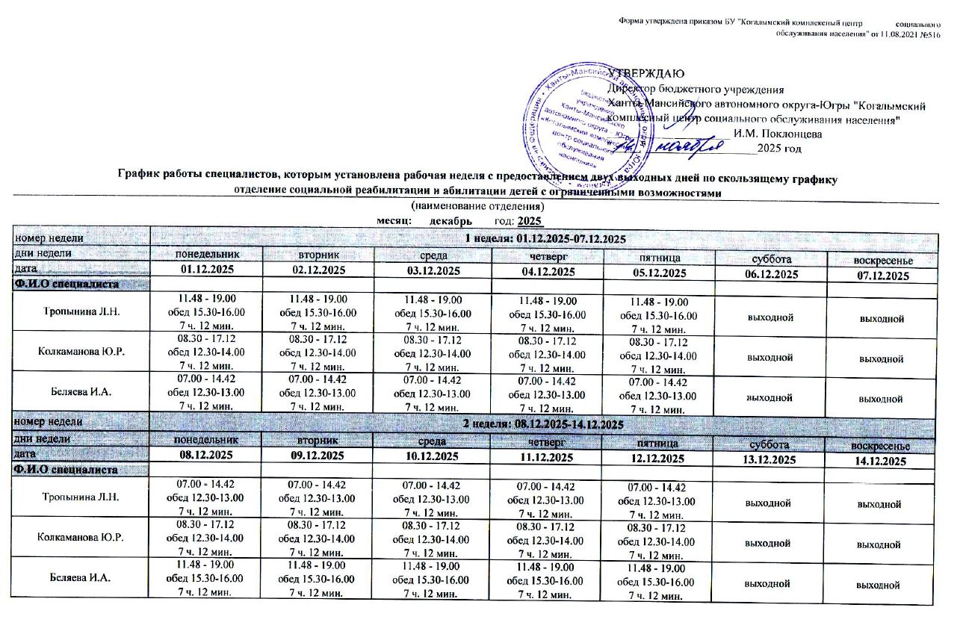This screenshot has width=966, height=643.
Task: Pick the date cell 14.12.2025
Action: point(880,462)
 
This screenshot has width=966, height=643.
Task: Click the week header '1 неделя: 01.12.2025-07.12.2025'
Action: point(544,238)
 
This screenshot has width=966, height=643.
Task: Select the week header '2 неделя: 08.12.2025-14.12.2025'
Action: point(543,424)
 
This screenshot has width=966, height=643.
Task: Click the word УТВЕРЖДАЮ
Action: point(644,73)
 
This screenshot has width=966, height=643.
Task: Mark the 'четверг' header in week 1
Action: point(545,255)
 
